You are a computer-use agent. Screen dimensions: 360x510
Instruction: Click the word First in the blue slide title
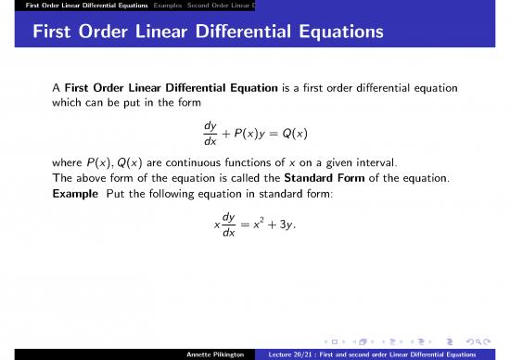pyautogui.click(x=57, y=33)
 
